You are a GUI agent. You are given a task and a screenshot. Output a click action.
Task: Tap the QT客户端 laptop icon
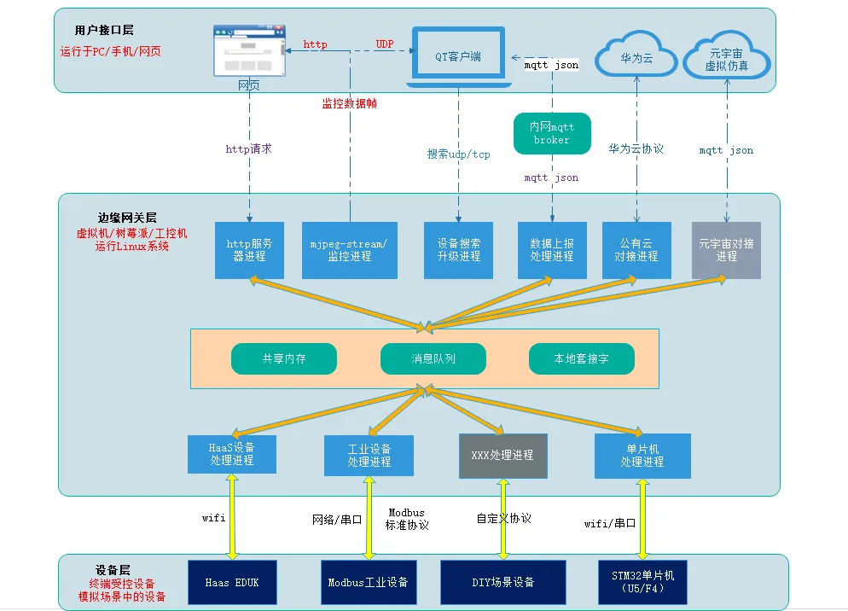[x=459, y=56]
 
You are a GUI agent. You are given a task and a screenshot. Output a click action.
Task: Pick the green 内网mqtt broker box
[x=552, y=134]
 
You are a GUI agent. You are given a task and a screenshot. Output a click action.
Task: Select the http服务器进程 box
[x=249, y=250]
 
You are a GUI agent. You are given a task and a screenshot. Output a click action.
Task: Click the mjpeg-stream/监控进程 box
[x=349, y=250]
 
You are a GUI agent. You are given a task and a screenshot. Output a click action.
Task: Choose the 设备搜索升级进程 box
[x=458, y=250]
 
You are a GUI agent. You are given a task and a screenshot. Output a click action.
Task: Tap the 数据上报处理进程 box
[x=552, y=250]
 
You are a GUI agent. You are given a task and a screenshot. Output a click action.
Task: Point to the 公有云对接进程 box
[x=636, y=250]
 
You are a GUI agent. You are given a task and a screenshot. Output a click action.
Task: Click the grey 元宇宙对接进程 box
[x=726, y=250]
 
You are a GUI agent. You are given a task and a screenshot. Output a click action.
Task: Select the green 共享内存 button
[x=284, y=359]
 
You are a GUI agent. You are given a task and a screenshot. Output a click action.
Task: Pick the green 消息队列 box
[x=433, y=359]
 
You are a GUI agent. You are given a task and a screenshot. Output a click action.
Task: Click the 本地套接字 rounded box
[x=582, y=359]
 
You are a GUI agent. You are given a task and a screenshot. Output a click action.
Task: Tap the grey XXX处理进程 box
[x=502, y=456]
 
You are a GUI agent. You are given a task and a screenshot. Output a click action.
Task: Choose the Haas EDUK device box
[x=232, y=583]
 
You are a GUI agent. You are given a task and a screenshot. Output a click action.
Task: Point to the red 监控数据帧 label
[x=349, y=103]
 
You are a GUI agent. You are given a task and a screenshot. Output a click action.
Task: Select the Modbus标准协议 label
[x=407, y=520]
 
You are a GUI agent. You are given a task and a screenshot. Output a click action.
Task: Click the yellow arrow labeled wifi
[x=233, y=517]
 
